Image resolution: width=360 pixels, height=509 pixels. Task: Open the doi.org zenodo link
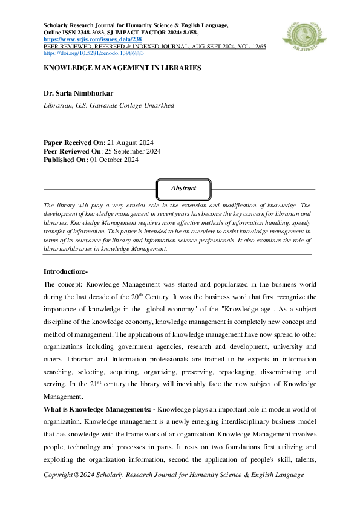point(93,53)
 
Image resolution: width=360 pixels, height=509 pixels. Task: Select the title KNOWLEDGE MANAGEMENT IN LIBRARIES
point(122,68)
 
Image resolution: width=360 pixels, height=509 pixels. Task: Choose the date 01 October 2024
point(115,160)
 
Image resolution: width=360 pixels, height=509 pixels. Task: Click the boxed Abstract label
point(183,188)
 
